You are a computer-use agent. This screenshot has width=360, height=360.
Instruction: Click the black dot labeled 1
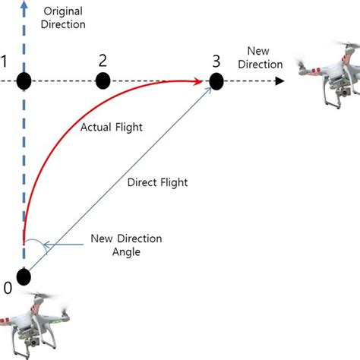[x=25, y=80]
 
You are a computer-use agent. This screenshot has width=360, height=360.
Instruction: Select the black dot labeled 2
[x=103, y=80]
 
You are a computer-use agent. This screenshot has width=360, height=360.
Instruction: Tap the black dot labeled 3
[x=216, y=80]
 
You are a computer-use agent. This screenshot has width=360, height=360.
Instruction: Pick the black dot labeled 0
[x=25, y=276]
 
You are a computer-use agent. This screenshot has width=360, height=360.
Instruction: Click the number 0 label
[x=8, y=288]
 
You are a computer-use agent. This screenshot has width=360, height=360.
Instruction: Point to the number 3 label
[x=216, y=60]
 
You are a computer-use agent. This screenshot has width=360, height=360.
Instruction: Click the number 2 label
[x=103, y=59]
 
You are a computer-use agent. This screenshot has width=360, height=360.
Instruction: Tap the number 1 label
[x=5, y=60]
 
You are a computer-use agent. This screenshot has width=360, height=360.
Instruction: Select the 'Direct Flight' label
[x=157, y=182]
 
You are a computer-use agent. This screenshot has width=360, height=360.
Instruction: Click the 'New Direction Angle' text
[x=128, y=245]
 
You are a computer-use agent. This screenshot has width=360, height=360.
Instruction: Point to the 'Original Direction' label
[x=65, y=17]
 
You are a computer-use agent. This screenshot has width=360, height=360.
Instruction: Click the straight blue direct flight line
[x=122, y=178]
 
